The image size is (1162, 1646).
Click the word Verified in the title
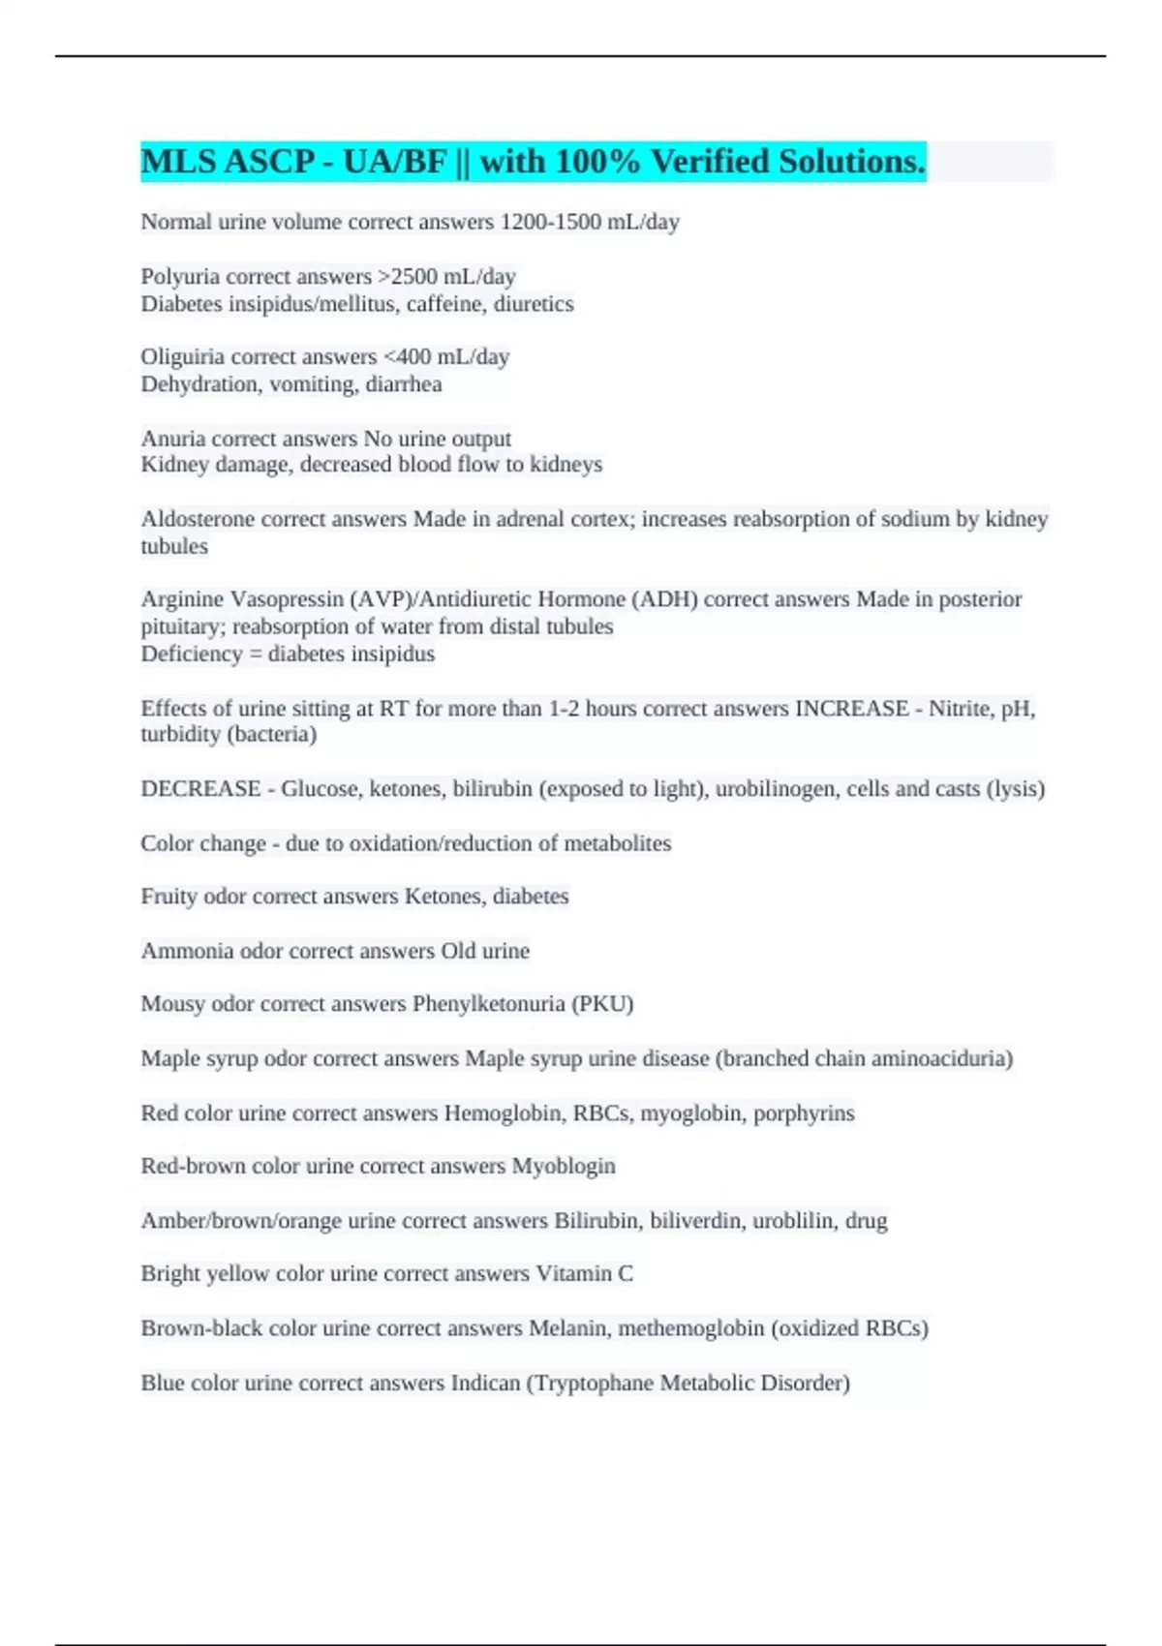[709, 162]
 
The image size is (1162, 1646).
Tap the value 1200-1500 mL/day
[589, 223]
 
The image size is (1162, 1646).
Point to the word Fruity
[168, 897]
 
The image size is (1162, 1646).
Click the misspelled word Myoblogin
[564, 1166]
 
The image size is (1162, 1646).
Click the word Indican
[485, 1383]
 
